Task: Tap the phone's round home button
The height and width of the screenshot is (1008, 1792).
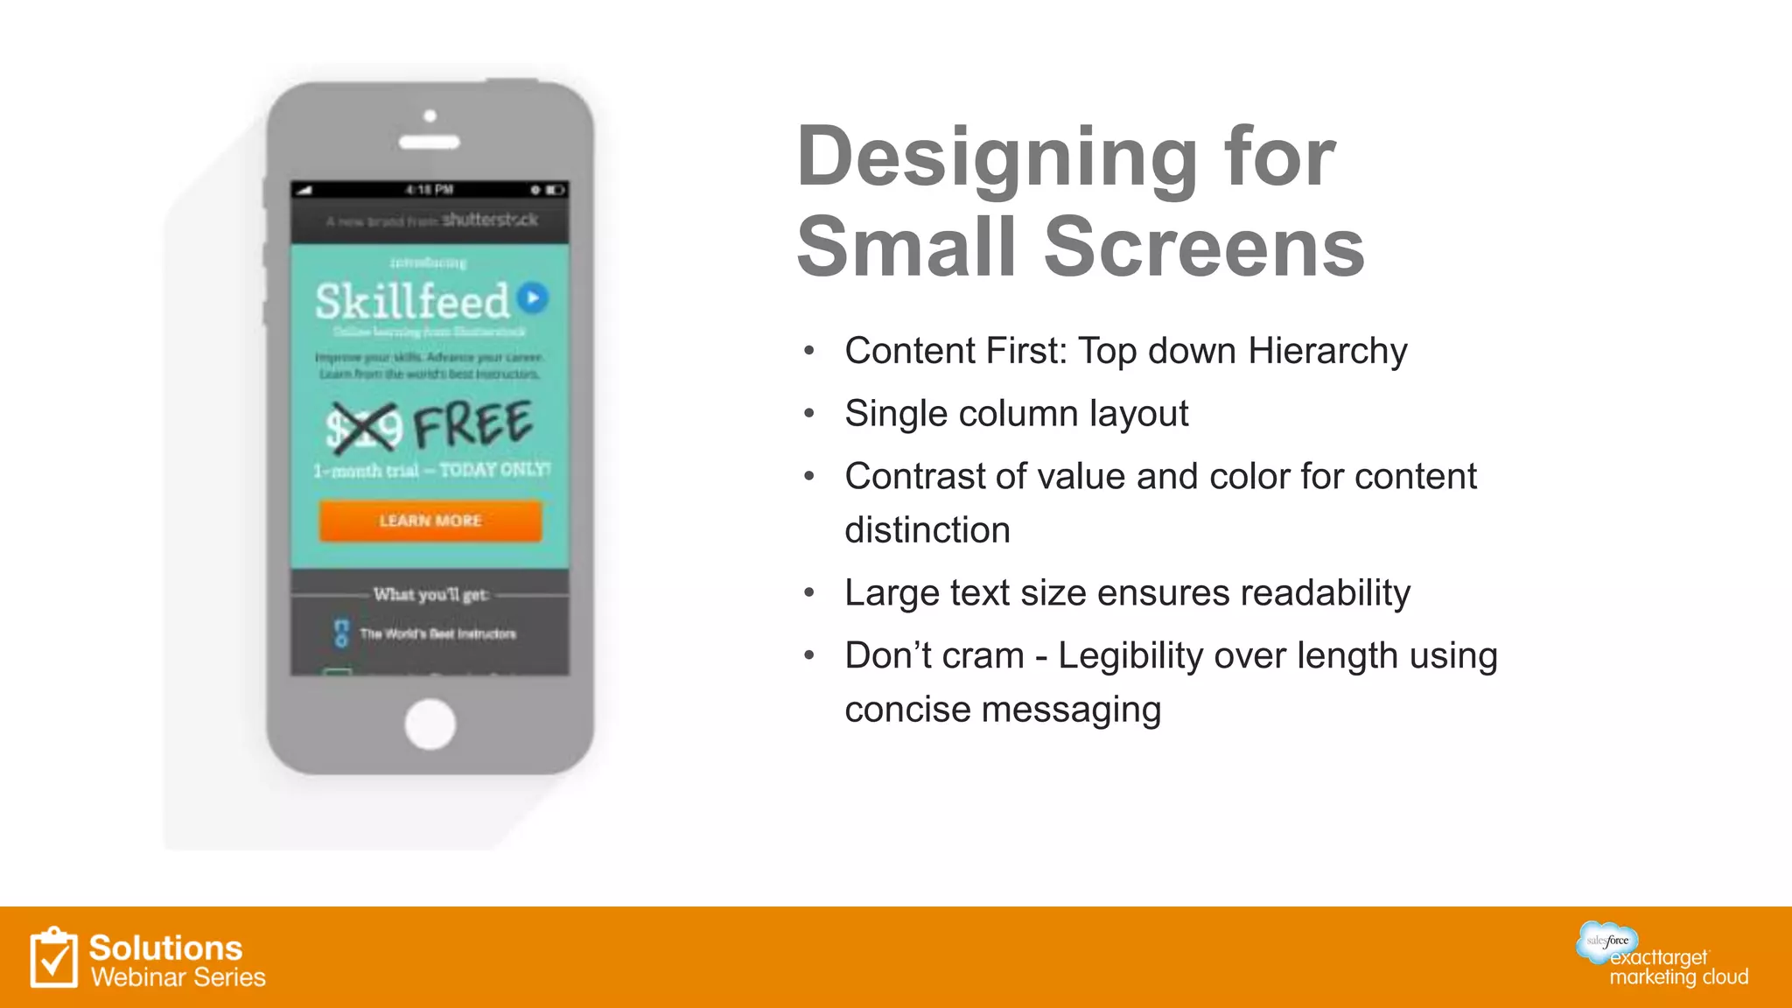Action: (430, 724)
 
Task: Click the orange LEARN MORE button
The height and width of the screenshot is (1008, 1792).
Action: (430, 521)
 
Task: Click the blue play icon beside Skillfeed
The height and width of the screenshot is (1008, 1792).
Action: (533, 297)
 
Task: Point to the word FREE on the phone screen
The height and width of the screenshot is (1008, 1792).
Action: (472, 424)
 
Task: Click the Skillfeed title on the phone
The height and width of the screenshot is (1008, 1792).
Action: (412, 302)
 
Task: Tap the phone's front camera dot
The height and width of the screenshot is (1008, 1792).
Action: (430, 115)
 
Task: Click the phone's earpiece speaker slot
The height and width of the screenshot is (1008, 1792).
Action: (430, 142)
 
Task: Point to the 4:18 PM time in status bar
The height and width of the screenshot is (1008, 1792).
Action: (430, 189)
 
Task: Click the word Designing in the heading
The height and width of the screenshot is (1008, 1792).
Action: (997, 157)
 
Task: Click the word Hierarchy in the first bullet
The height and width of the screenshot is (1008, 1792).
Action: (1327, 351)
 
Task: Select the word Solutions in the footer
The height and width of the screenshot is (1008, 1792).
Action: (165, 948)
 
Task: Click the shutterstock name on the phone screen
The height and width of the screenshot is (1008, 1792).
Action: (489, 220)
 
